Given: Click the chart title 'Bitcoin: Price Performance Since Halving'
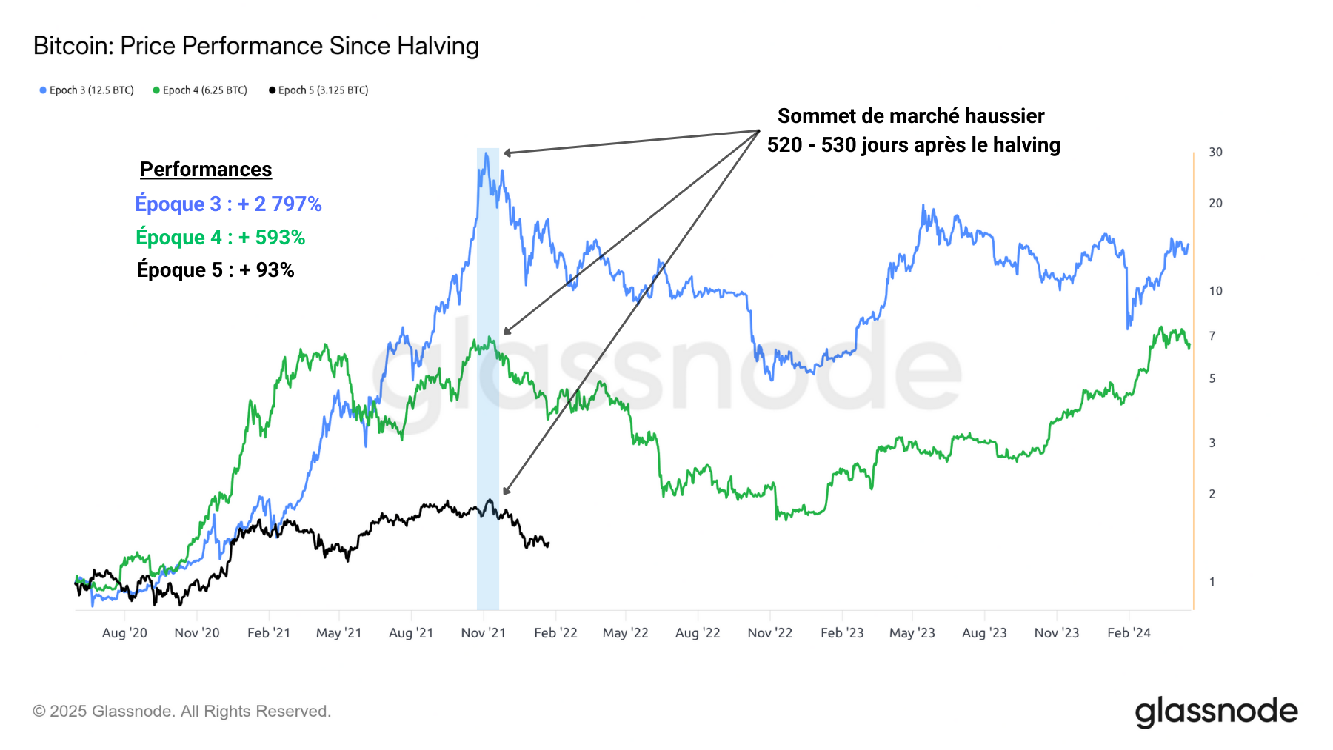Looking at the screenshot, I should [255, 46].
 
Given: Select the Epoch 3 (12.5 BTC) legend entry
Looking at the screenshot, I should [87, 90].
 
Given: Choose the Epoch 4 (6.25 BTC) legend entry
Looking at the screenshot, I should [201, 90].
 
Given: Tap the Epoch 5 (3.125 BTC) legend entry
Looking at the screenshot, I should [319, 90].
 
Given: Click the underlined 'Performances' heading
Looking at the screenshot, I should [206, 170].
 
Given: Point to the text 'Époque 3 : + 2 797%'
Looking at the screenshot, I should [228, 204].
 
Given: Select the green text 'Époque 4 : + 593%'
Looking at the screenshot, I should [220, 237].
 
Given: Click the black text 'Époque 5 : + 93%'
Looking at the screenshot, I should [215, 270].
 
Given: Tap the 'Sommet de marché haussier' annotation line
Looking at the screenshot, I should [910, 116].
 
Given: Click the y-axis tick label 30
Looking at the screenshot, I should [1215, 152].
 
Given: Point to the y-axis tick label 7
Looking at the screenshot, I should [1212, 336].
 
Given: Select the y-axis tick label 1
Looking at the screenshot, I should [1212, 582].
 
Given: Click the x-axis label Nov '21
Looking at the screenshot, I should [483, 633].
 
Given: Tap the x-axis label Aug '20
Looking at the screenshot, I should [124, 633].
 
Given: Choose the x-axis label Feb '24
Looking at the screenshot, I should [1129, 633].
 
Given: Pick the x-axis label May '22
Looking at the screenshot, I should [625, 633].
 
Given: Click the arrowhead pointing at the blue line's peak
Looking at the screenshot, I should [507, 153].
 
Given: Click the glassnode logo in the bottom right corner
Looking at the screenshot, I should [1216, 712].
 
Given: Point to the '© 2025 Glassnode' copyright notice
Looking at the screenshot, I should [181, 712].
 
